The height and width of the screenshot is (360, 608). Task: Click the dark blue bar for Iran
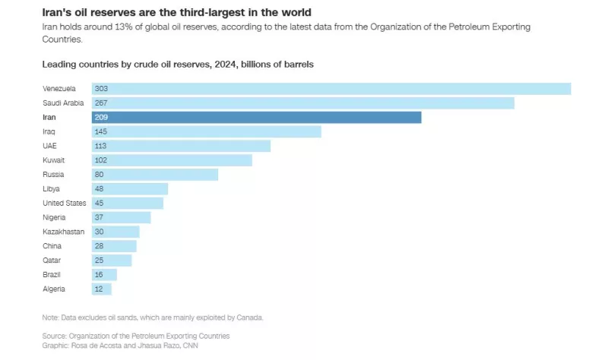coord(257,117)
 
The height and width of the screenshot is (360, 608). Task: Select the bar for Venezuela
coord(331,89)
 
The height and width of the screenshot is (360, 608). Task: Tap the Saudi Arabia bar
coord(303,103)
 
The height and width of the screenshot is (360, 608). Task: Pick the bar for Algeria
coord(102,289)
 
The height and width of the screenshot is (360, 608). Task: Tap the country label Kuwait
coord(54,160)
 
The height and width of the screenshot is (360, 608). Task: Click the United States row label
coord(64,203)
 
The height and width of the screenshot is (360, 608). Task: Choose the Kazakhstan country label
coord(63,232)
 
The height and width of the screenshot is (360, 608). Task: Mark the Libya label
coord(51,188)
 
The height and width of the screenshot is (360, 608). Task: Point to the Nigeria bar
coord(122,217)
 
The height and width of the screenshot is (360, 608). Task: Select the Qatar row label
coord(52,260)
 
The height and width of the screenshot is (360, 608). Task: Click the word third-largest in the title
coord(200,13)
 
